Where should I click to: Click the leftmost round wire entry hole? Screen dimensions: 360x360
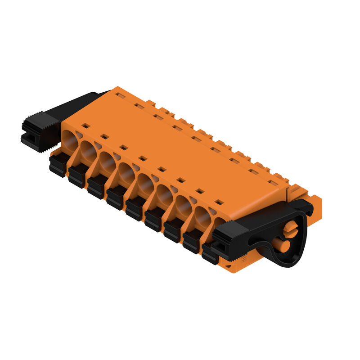coord(69,139)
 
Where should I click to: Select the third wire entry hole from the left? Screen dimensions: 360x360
coord(107,162)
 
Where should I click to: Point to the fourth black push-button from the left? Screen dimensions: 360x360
coord(116,198)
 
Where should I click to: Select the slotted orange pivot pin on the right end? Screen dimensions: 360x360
coord(291,229)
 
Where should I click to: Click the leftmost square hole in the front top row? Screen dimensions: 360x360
coord(85,126)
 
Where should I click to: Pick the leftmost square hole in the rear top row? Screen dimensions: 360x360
coord(120,95)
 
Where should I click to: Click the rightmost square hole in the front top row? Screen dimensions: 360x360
coord(219,202)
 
